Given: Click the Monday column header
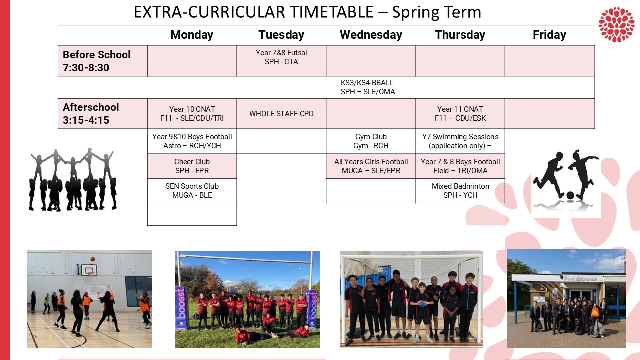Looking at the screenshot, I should click(192, 35).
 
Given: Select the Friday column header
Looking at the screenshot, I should click(549, 35).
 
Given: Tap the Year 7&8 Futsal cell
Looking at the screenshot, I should click(281, 57).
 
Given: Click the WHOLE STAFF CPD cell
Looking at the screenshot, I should click(281, 114).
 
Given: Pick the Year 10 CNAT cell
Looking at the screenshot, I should click(192, 114).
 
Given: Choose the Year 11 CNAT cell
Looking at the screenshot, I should click(460, 114).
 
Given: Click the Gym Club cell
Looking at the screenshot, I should click(371, 141).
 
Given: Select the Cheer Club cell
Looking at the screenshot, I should click(192, 166).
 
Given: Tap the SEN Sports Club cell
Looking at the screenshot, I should click(192, 191).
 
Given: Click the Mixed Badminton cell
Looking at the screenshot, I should click(460, 191).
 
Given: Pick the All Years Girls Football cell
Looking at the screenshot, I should click(371, 166).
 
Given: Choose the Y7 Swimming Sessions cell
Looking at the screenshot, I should click(460, 141).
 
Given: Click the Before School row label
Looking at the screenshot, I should click(97, 61).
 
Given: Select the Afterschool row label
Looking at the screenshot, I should click(91, 114).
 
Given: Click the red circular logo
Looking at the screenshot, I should click(616, 24).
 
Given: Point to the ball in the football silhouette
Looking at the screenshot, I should click(570, 195).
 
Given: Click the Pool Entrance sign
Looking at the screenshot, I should click(580, 279).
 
